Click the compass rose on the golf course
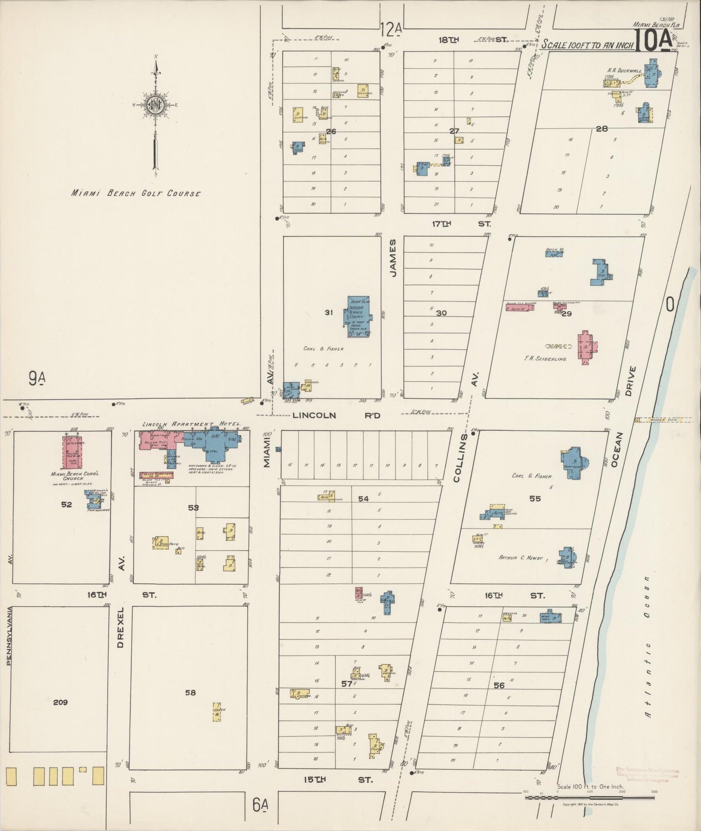point(155,105)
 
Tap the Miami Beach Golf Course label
point(136,193)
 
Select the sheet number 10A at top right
point(653,40)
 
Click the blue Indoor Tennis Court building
point(359,317)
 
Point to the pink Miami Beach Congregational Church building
point(72,451)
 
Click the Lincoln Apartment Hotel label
point(191,424)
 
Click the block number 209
point(60,702)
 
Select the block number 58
point(190,692)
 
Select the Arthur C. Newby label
point(521,558)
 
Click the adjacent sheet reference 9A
point(37,378)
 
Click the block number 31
point(328,313)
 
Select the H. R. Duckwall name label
point(624,70)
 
